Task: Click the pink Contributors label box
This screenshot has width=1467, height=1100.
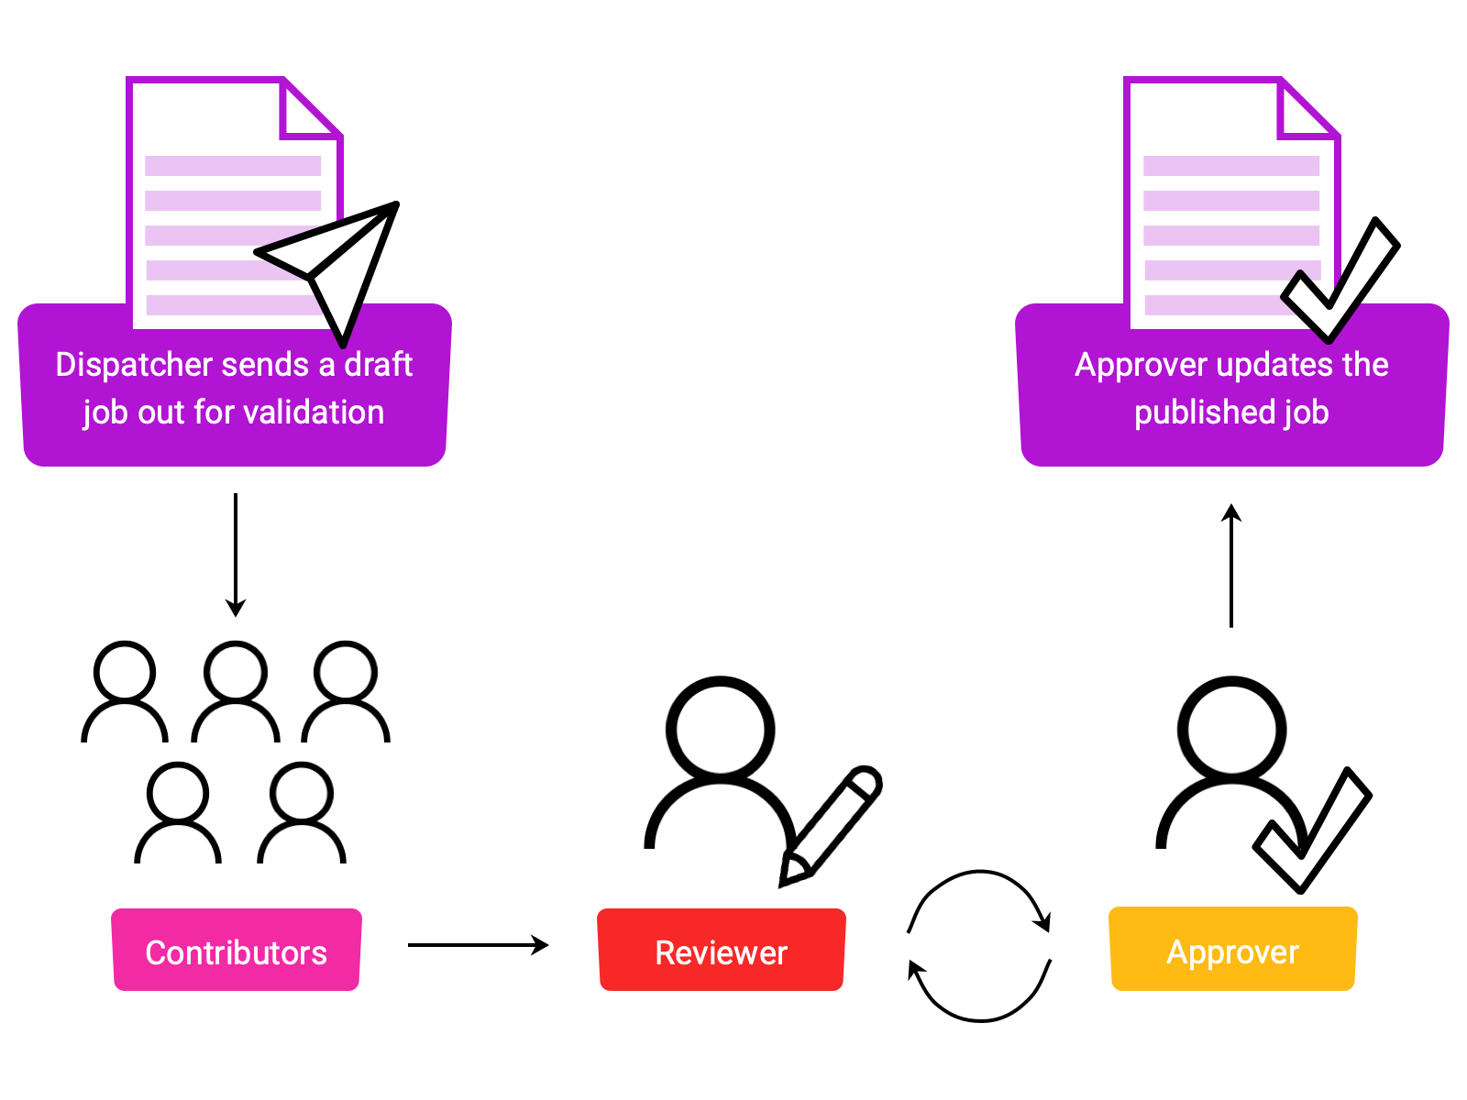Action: tap(237, 951)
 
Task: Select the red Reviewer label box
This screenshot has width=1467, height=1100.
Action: tap(722, 951)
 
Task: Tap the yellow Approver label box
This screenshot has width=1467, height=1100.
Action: tap(1232, 950)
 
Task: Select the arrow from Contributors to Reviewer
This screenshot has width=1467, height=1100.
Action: tap(478, 945)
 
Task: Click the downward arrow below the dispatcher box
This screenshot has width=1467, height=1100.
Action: tap(236, 555)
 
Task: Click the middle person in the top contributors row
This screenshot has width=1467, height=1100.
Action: tap(236, 692)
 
